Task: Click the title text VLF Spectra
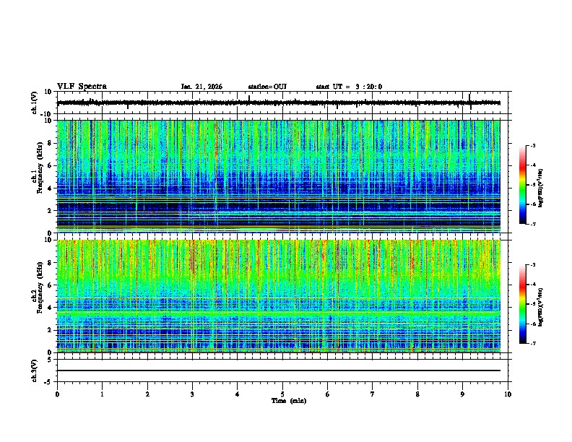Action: pos(82,87)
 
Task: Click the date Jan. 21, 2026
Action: pos(201,87)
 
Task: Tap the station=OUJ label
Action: pos(267,87)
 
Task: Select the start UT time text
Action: pos(349,87)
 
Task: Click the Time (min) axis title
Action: pos(288,400)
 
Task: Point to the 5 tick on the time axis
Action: pos(282,394)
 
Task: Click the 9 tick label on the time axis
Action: pos(463,394)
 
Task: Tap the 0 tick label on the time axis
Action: pos(57,394)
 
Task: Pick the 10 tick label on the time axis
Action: pos(508,394)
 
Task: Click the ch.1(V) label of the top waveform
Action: pos(35,103)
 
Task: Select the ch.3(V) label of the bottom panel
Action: pos(35,369)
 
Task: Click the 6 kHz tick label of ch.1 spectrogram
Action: pos(51,165)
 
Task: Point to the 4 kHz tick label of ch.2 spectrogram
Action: pos(51,308)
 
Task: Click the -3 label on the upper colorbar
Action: pos(532,146)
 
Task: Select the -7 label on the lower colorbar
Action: pos(532,344)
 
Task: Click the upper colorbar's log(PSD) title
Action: pos(551,185)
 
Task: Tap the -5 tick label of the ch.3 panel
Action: pos(49,381)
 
